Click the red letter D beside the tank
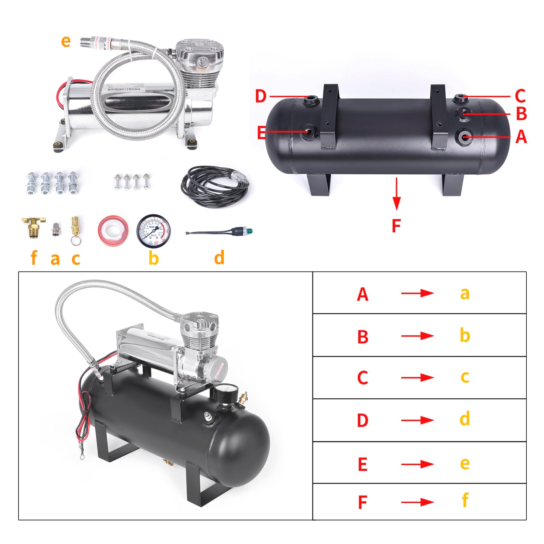261,96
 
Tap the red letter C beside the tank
520,96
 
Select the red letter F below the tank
396,226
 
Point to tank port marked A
465,137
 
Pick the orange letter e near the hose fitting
66,41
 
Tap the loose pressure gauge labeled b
153,232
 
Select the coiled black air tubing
215,186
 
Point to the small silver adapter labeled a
56,229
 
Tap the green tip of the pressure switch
250,230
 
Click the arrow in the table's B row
418,335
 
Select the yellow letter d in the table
465,419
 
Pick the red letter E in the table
362,464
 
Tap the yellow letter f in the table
465,500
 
